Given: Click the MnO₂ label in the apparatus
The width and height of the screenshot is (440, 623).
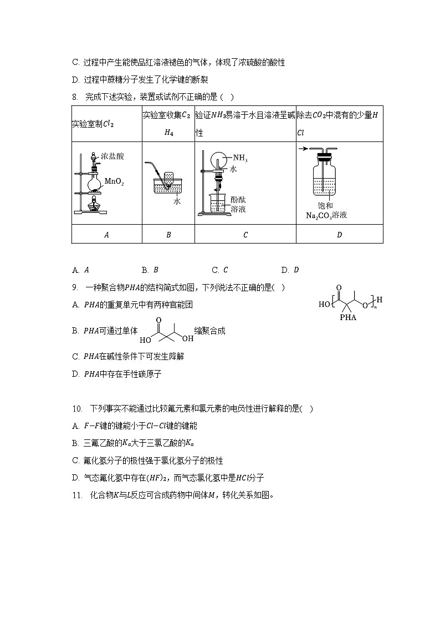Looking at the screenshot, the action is pyautogui.click(x=114, y=181).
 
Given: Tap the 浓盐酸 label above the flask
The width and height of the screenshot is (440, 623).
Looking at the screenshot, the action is pyautogui.click(x=112, y=156).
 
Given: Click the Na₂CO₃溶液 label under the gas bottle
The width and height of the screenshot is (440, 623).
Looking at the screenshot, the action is pyautogui.click(x=326, y=215).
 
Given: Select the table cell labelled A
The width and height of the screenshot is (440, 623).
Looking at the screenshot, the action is pyautogui.click(x=107, y=234).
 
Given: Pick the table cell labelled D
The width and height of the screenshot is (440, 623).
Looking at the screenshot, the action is pyautogui.click(x=339, y=234).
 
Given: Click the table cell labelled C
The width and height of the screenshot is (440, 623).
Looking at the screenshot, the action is pyautogui.click(x=245, y=234).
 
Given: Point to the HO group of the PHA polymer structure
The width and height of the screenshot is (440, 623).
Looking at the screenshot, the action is pyautogui.click(x=324, y=305).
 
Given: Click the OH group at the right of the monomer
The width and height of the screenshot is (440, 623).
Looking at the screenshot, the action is pyautogui.click(x=188, y=338).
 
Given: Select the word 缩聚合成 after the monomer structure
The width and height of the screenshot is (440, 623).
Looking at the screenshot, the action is pyautogui.click(x=209, y=331).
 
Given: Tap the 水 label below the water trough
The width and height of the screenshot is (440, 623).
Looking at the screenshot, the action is pyautogui.click(x=177, y=202).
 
